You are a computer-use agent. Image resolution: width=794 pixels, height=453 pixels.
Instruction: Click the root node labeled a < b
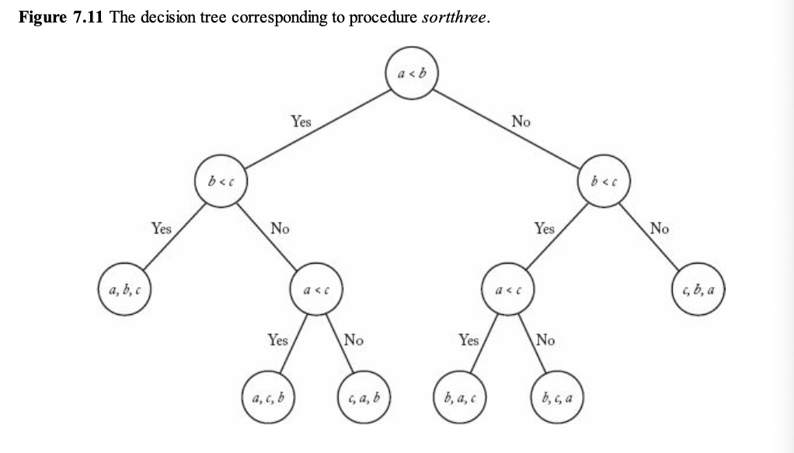point(412,74)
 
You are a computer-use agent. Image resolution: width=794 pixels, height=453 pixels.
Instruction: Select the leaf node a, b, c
point(124,292)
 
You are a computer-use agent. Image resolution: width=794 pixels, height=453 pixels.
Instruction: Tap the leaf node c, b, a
point(697,292)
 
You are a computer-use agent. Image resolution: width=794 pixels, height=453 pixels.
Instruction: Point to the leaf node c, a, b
point(364,399)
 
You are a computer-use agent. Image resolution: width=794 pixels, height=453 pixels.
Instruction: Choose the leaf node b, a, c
point(458,399)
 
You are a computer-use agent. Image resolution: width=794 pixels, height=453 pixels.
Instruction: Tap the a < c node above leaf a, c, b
point(316,292)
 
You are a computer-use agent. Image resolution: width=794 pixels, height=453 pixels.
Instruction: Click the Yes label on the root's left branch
point(301,121)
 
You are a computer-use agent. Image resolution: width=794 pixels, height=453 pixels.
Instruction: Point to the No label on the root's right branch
point(521,121)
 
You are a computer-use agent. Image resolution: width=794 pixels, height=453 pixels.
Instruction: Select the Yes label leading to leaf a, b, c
point(162,228)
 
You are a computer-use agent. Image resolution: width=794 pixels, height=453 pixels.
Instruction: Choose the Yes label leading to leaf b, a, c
point(469,340)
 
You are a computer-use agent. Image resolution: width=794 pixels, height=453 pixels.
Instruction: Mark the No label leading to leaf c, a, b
point(353,340)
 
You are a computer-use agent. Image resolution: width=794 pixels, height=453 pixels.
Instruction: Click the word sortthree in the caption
point(454,18)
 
